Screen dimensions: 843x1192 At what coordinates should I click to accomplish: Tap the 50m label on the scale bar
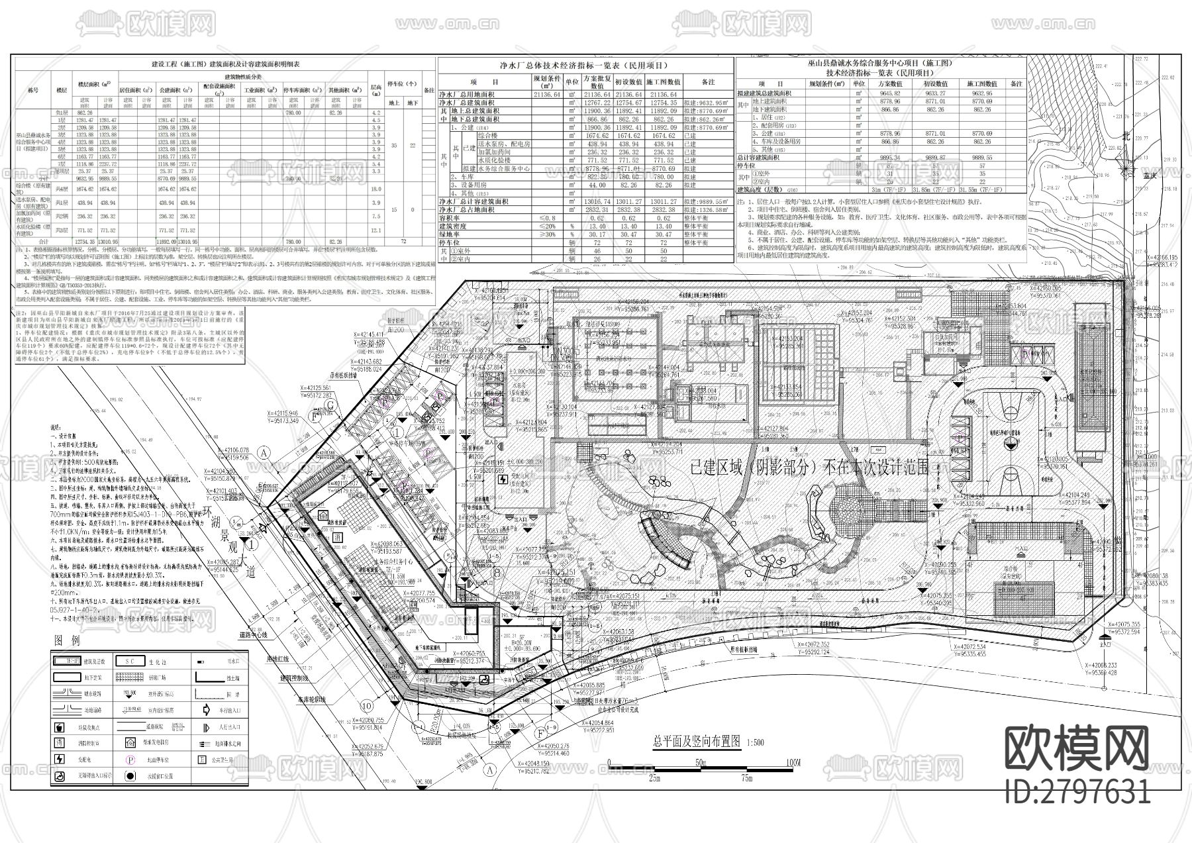[701, 764]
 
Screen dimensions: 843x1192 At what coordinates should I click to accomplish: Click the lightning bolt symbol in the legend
[60, 760]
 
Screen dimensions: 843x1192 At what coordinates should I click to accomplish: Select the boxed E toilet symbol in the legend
[201, 760]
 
